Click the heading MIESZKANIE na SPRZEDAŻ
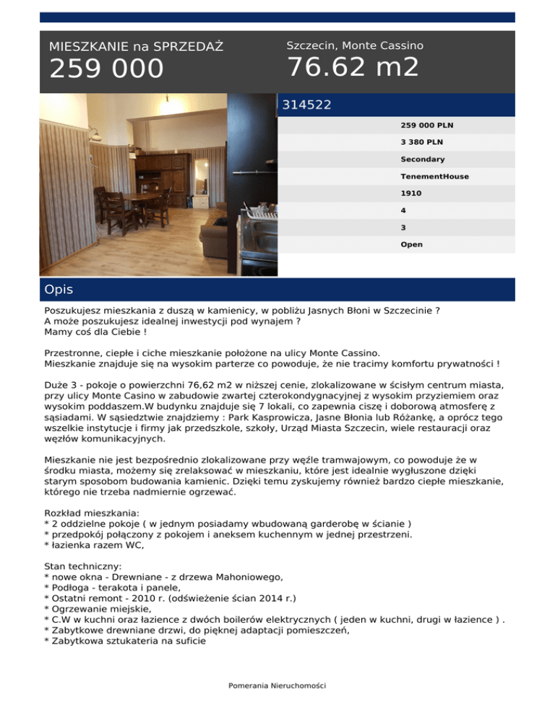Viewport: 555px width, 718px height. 136,47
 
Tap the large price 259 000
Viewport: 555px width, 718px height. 106,69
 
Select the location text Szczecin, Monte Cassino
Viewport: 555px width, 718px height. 355,46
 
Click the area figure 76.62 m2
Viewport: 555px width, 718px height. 353,67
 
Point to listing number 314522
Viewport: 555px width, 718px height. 306,105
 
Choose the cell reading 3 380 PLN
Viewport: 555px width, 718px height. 422,142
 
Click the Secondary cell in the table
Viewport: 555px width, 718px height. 423,159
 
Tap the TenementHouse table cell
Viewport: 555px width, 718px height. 434,176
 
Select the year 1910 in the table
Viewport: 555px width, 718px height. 410,194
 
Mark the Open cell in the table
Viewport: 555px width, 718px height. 411,244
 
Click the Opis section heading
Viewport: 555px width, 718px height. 59,290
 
